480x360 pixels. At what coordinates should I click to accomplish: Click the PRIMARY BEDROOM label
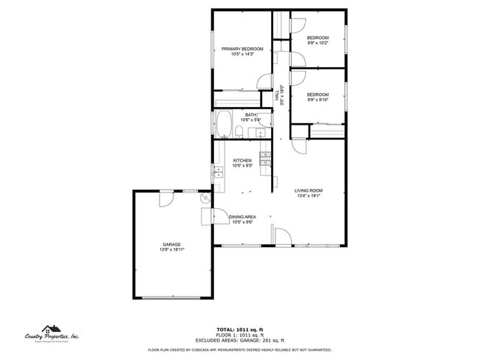coord(243,49)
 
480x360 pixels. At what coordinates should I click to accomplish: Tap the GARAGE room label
coord(172,244)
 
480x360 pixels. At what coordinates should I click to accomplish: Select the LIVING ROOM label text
coord(309,190)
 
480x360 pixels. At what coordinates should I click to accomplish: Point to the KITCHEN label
coord(242,160)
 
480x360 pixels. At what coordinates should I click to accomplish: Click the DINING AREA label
coord(242,217)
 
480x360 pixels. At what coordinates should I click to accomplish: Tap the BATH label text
coord(251,115)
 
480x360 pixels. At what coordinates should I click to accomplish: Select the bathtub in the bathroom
coord(223,125)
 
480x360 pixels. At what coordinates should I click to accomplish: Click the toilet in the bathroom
coord(241,132)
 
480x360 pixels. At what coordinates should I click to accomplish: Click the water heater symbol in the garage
coord(205,198)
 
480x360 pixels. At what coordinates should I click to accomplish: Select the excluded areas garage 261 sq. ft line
coord(239,339)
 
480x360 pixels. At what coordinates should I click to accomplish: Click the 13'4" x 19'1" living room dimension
coord(309,196)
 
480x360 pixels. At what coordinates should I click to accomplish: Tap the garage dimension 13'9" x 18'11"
coord(172,250)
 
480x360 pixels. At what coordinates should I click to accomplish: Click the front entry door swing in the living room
coord(281,236)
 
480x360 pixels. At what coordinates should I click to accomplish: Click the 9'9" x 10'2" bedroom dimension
coord(318,43)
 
